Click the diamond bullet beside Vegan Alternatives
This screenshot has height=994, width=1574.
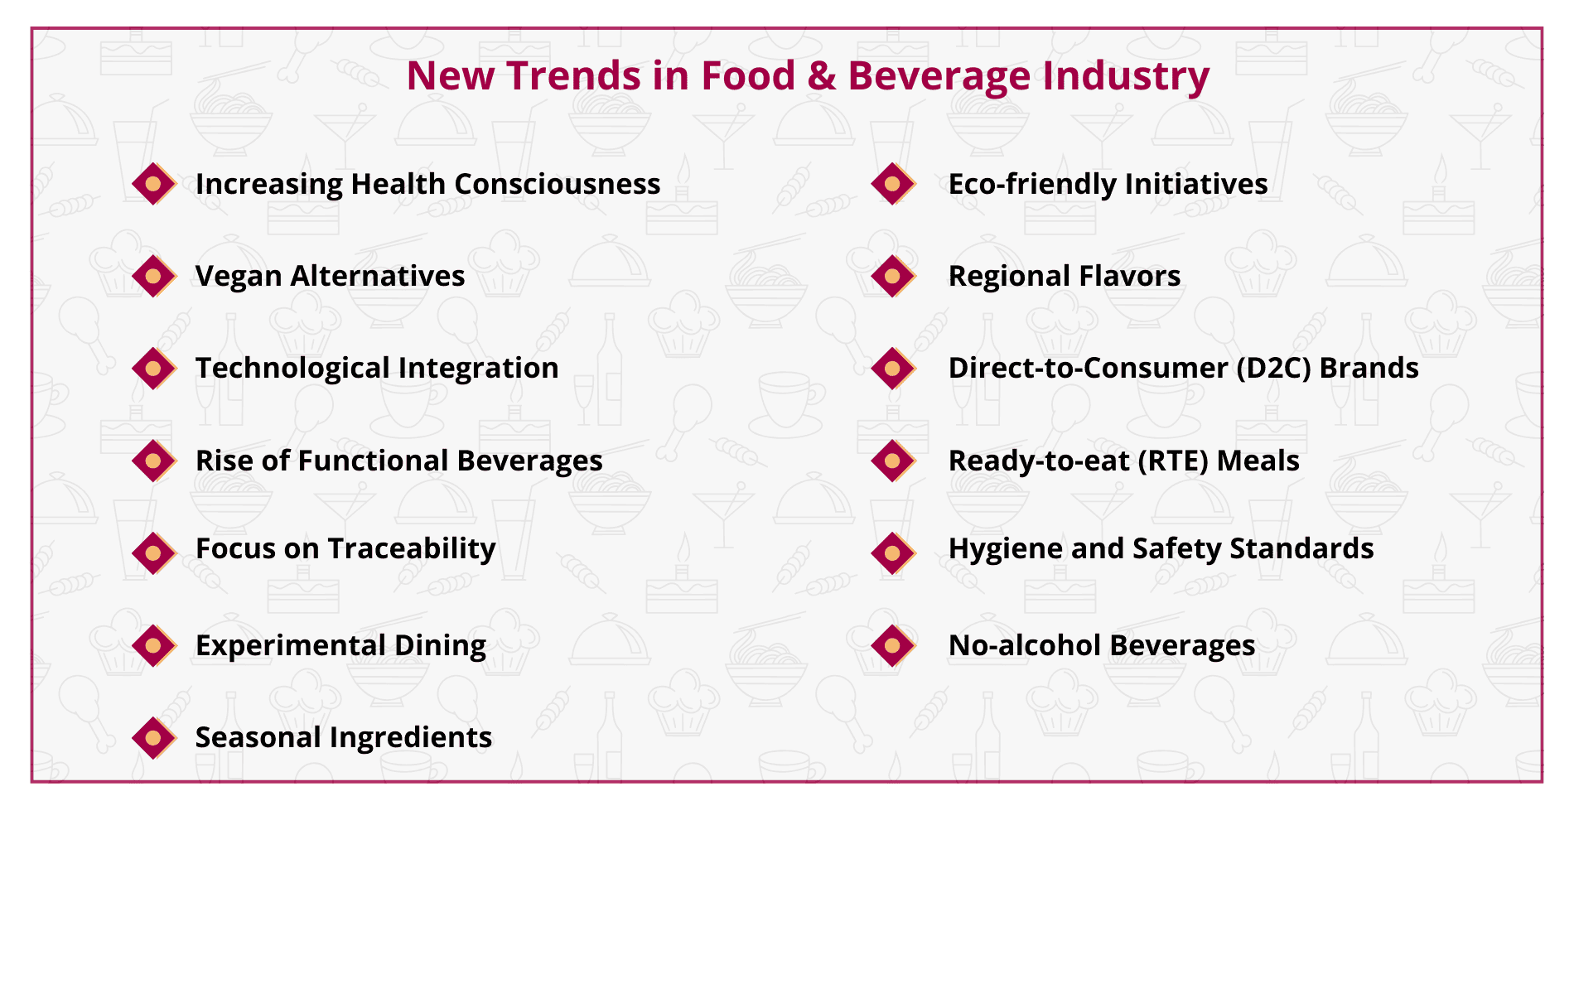[154, 276]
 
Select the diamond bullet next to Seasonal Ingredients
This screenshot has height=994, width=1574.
[154, 737]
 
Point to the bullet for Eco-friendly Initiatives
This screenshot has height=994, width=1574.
[893, 184]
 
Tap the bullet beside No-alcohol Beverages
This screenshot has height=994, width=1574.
[893, 645]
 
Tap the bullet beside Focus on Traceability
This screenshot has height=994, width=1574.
[154, 553]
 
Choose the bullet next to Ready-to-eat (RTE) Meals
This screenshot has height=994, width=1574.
[893, 461]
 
